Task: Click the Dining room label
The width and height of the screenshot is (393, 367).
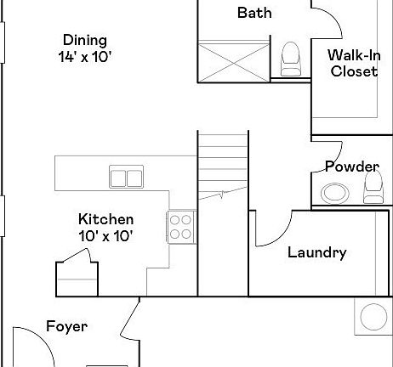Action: [x=84, y=40]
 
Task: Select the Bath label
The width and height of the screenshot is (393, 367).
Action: [x=254, y=12]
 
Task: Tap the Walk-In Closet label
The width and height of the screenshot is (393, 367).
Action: [x=353, y=64]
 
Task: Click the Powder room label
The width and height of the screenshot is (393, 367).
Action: [x=351, y=167]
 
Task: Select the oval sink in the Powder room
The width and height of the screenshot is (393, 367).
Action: [x=335, y=193]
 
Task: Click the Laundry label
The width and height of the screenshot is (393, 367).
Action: [x=316, y=252]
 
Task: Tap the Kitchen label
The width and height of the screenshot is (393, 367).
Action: [x=105, y=218]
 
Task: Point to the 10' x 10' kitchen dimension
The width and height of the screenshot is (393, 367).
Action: [x=105, y=235]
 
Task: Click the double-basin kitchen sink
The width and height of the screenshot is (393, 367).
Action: [x=126, y=178]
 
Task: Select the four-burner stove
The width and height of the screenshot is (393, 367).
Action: [x=179, y=227]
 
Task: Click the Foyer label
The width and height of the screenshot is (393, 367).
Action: [x=66, y=326]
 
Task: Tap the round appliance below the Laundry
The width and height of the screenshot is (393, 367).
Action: [x=375, y=319]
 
